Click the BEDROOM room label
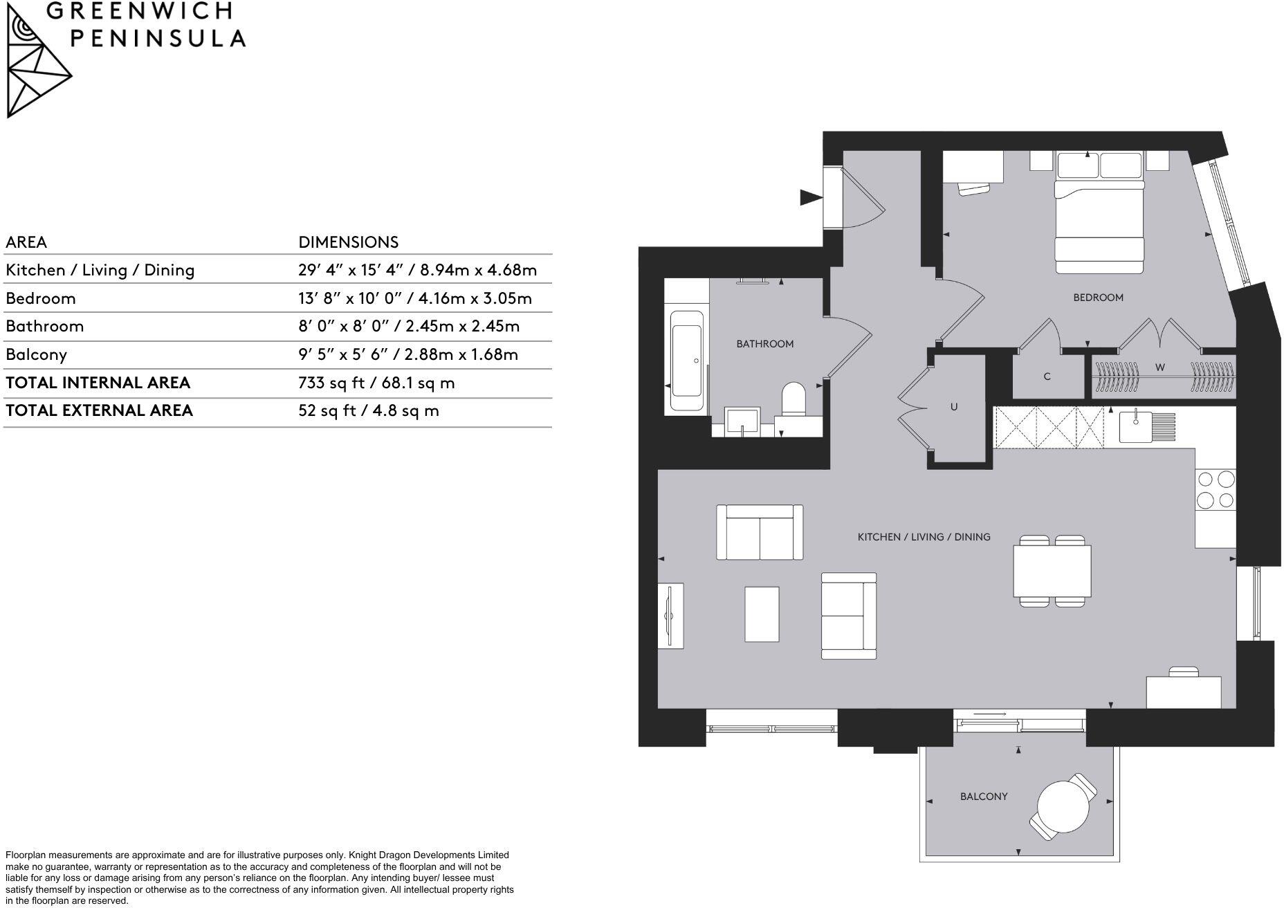point(1098,298)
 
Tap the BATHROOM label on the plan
point(764,344)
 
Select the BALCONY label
point(983,797)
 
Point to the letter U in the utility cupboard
point(953,407)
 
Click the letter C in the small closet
point(1047,376)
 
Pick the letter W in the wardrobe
point(1159,367)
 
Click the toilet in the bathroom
point(794,401)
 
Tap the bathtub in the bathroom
point(687,363)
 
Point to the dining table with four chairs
point(1052,572)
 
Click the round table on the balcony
point(1063,806)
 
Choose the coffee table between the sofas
point(762,614)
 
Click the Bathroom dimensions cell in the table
point(408,326)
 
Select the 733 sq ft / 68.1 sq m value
point(376,383)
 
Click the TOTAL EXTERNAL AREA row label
point(99,410)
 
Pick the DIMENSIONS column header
point(348,242)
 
